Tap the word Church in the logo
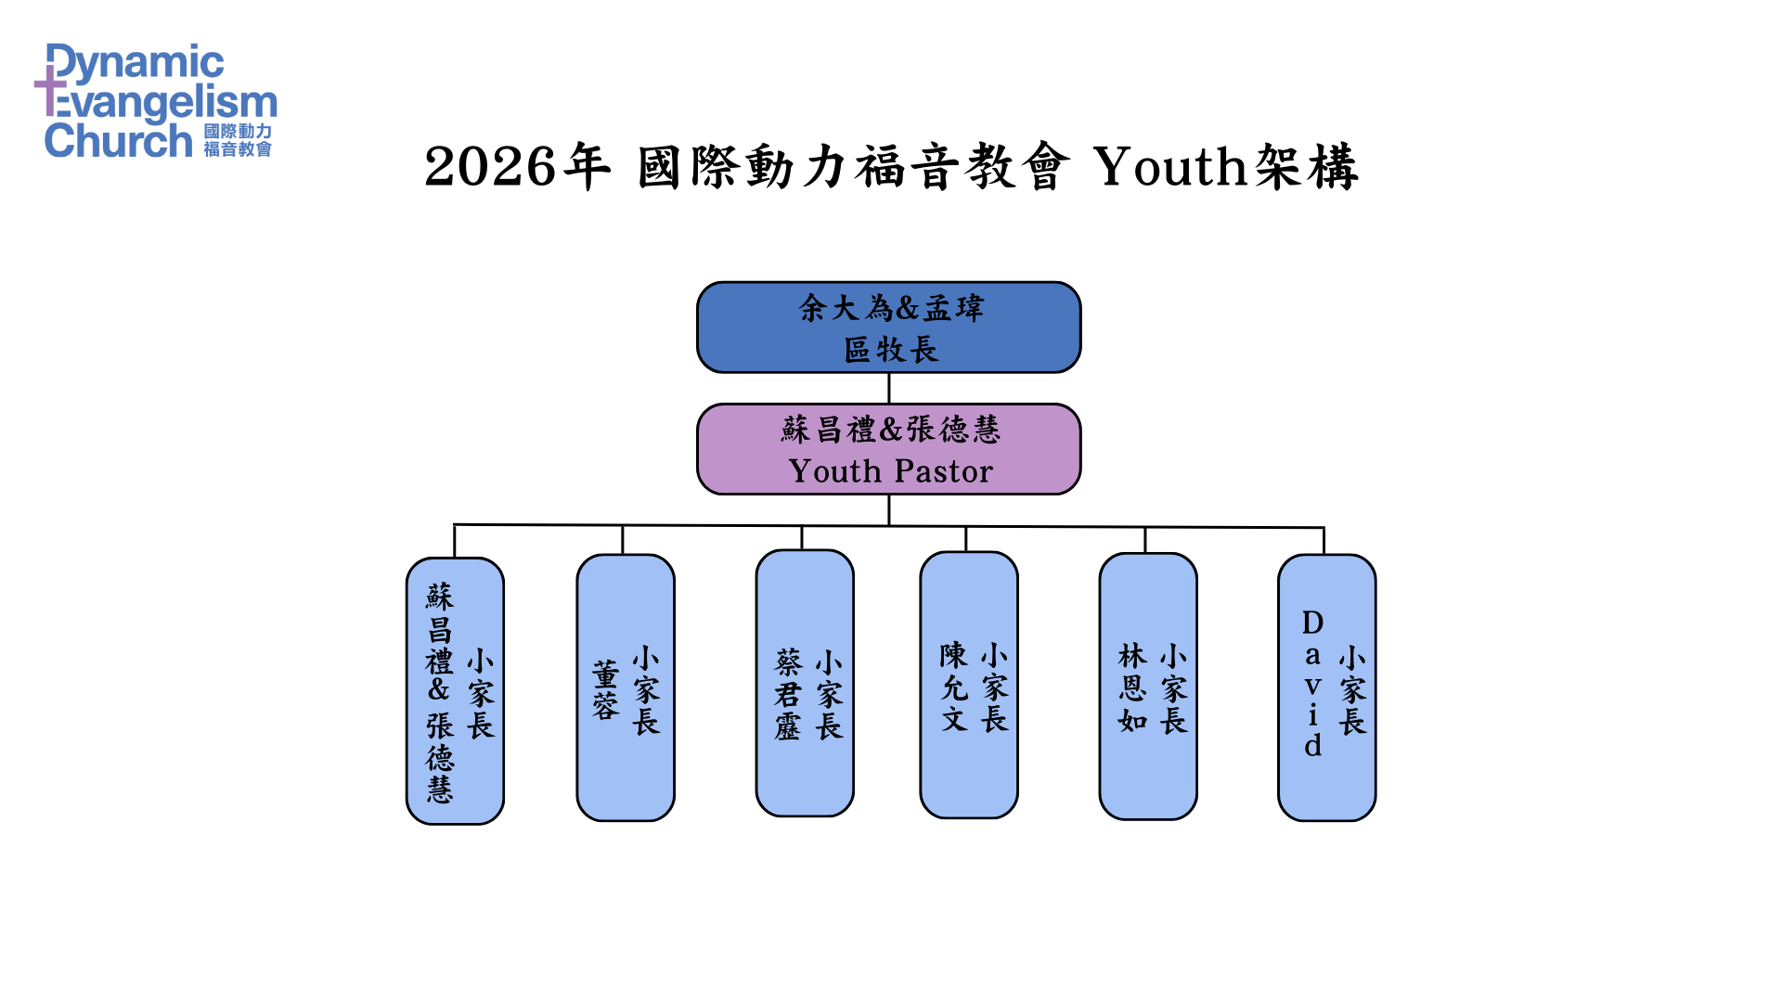click(118, 141)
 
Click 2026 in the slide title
click(490, 168)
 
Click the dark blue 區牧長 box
click(888, 328)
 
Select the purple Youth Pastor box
click(888, 449)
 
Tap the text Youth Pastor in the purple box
click(890, 471)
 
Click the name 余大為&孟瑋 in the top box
click(890, 308)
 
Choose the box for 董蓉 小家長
click(626, 687)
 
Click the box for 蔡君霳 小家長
click(805, 684)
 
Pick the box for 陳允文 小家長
click(968, 686)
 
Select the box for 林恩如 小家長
click(1148, 687)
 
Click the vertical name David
click(1312, 684)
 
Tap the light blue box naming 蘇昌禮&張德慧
click(455, 691)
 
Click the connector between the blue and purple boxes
click(889, 388)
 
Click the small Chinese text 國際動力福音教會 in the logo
click(238, 141)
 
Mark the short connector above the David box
click(1324, 541)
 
